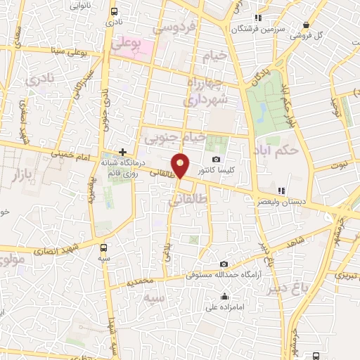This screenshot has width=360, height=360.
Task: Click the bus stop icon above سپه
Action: coord(105,247)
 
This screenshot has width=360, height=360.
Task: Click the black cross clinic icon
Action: coord(122,152)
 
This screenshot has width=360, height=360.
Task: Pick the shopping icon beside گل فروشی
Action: coord(306,24)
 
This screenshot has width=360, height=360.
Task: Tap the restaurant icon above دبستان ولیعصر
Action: coord(281,191)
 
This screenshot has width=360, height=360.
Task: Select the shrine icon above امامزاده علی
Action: coord(224,296)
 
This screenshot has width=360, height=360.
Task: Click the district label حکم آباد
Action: coord(298,150)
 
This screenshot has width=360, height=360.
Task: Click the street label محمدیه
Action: coord(140,283)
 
